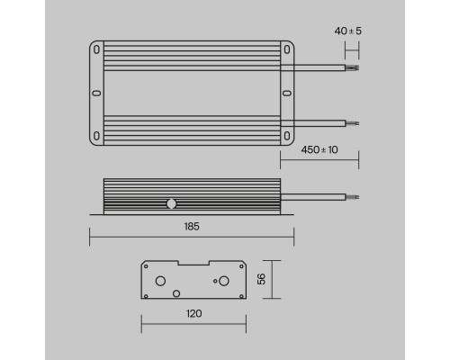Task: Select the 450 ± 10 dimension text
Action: (x=319, y=150)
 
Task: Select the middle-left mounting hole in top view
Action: (x=96, y=93)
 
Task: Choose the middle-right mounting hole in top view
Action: (x=287, y=93)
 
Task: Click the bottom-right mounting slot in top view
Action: (x=287, y=135)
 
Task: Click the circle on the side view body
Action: (x=170, y=202)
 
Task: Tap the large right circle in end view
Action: (x=216, y=280)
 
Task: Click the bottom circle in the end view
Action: (x=176, y=292)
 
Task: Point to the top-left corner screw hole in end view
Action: (x=145, y=266)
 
